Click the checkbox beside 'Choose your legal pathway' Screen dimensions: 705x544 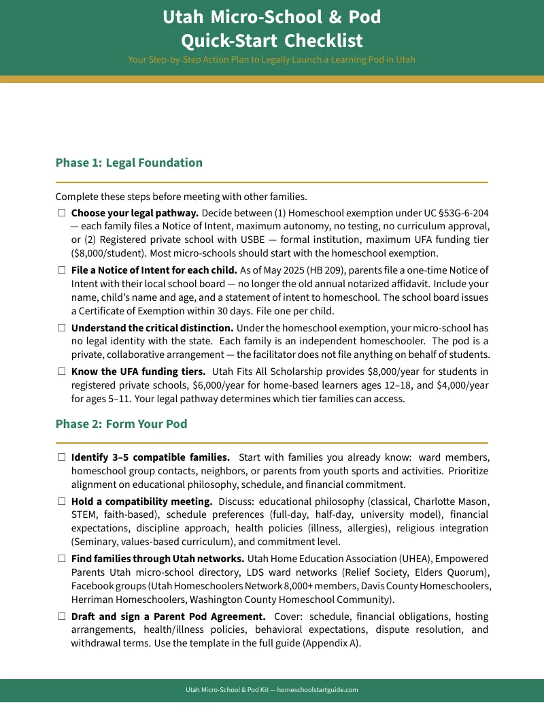click(61, 213)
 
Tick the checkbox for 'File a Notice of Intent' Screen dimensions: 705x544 click(61, 270)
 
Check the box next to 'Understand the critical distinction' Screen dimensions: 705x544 click(61, 328)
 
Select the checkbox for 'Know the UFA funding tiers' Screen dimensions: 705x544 click(61, 372)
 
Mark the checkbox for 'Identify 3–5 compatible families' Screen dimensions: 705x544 click(61, 457)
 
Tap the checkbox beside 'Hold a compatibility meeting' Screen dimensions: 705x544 click(61, 502)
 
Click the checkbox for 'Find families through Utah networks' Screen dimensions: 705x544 click(61, 559)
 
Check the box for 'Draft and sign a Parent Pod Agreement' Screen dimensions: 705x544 click(61, 617)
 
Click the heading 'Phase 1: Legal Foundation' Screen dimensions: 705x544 click(129, 163)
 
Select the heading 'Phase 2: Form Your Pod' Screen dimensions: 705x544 click(121, 424)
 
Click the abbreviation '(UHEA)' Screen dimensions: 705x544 click(403, 559)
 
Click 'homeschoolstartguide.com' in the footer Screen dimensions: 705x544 click(318, 690)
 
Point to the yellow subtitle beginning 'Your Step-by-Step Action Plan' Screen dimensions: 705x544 click(271, 59)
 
